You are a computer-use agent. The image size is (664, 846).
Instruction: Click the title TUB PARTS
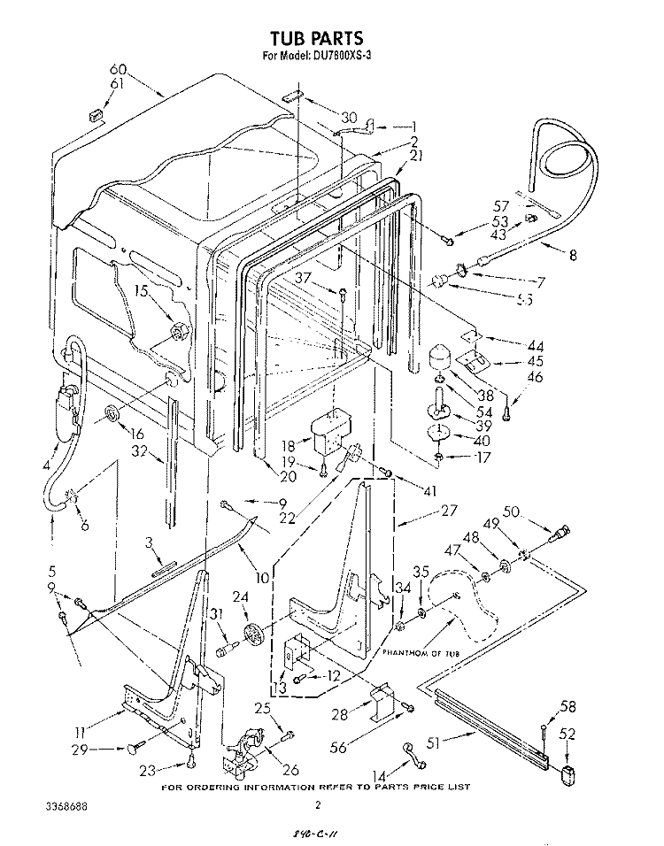[x=316, y=38]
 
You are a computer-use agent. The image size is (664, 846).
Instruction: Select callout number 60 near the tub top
[x=118, y=69]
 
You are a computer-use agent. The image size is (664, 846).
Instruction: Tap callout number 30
[x=348, y=117]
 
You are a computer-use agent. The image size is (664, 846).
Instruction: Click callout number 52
[x=567, y=733]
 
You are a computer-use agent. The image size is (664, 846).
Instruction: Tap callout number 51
[x=432, y=742]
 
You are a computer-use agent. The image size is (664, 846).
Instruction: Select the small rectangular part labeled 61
[x=95, y=114]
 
